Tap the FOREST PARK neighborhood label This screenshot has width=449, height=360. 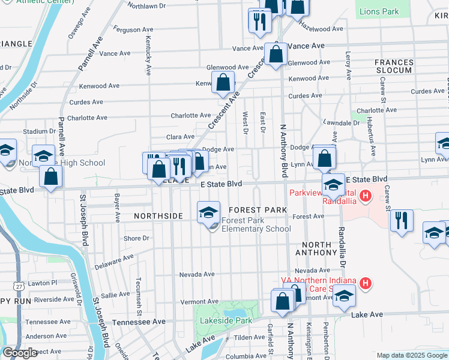click(258, 209)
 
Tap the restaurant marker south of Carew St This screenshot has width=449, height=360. click(402, 220)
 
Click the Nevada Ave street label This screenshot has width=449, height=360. click(197, 274)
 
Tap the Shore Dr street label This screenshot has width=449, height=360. click(136, 238)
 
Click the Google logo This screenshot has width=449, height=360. click(20, 353)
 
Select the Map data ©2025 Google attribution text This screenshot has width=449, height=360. click(411, 355)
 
